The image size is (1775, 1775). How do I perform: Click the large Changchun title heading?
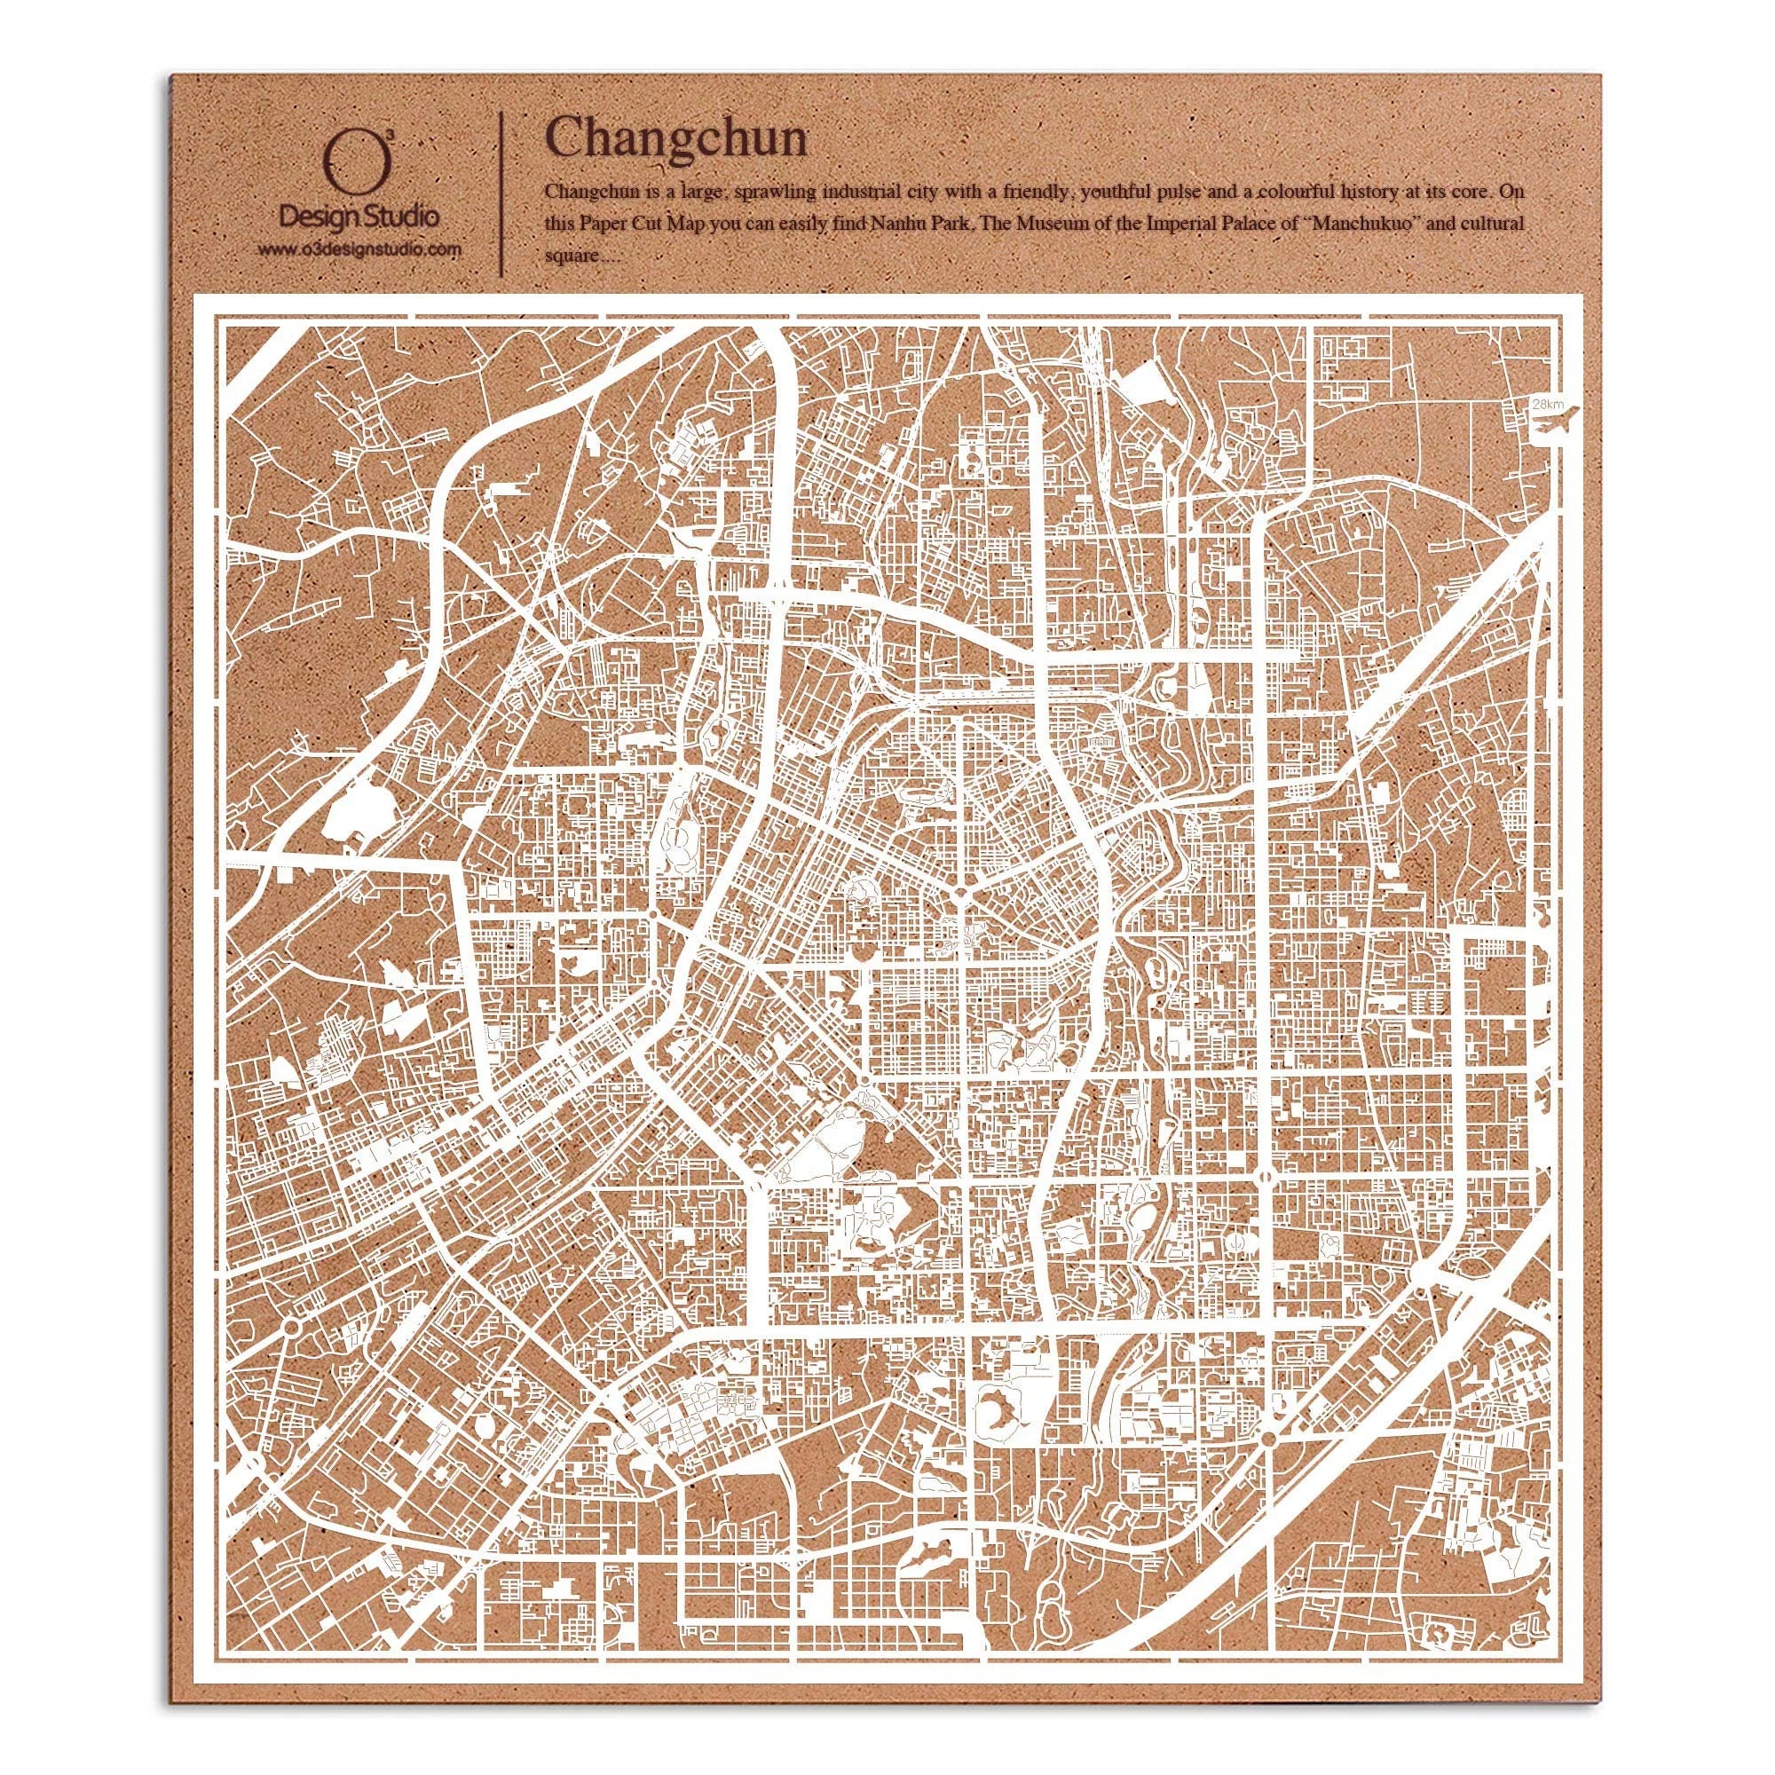(677, 138)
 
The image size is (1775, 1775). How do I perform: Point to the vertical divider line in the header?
(500, 193)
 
